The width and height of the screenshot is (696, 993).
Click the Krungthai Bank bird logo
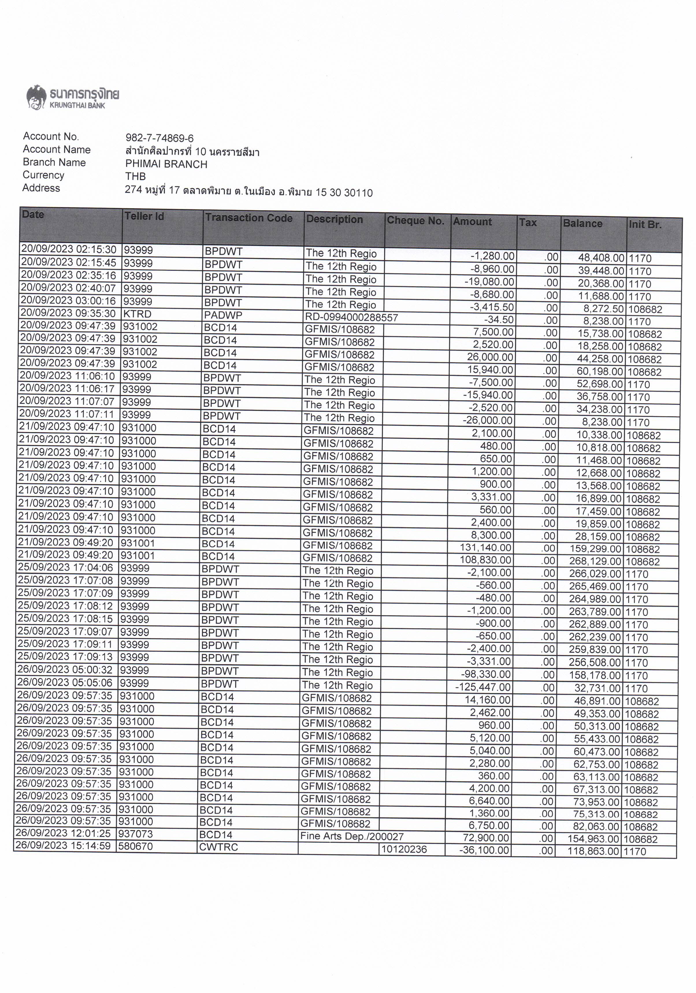(36, 96)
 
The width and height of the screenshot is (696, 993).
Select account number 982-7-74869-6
(159, 138)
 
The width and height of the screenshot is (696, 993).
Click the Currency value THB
(136, 177)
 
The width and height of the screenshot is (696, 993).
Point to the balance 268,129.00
(593, 562)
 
